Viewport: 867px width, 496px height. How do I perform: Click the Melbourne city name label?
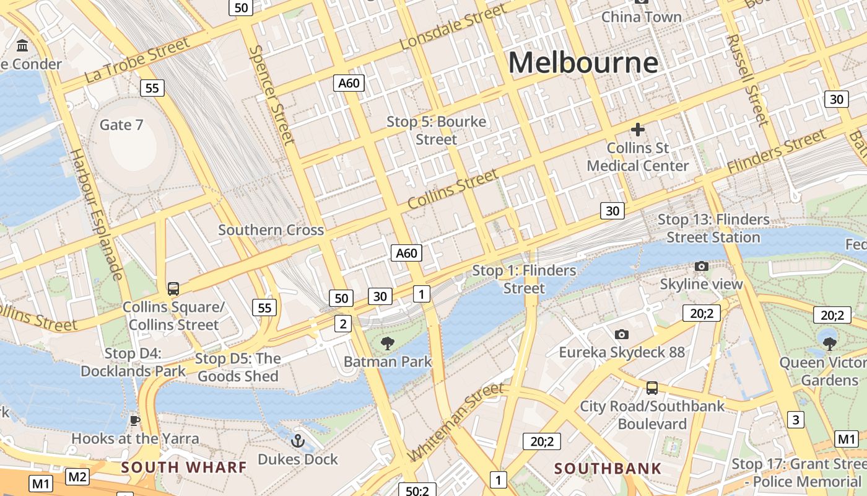pos(583,63)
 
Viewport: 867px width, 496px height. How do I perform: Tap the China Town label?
pos(642,17)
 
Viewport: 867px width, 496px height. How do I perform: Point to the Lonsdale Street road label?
pos(454,27)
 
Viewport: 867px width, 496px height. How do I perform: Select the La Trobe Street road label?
pos(137,60)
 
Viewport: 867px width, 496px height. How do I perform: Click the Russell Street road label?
pos(747,79)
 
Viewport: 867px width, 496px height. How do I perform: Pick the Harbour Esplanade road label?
pos(97,214)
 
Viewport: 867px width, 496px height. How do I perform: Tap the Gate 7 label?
pos(121,125)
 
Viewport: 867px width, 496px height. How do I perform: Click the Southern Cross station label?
pos(271,230)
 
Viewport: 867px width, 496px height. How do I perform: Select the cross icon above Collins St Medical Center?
pos(637,130)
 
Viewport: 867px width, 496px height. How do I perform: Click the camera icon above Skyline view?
pos(701,267)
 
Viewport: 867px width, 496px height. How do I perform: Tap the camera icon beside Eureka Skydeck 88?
pos(622,335)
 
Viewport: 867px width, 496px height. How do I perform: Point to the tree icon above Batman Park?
pos(388,343)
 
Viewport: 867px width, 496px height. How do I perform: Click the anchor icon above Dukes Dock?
pos(298,441)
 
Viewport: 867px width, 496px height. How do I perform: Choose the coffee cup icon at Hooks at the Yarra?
pos(134,421)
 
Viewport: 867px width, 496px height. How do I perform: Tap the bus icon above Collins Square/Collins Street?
pos(173,289)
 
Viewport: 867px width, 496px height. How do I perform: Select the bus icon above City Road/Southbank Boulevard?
pos(651,389)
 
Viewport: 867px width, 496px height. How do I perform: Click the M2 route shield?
pos(77,477)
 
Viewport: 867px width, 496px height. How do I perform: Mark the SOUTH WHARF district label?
pos(184,467)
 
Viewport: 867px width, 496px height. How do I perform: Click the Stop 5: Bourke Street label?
pos(437,130)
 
